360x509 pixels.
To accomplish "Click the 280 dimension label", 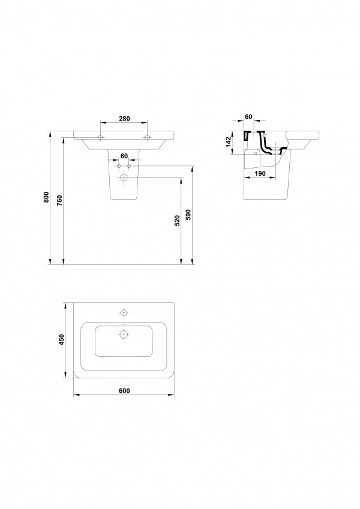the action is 124,119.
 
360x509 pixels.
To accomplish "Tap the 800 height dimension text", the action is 46,197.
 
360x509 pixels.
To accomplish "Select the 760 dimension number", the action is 59,201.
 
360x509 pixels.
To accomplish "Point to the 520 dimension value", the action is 177,221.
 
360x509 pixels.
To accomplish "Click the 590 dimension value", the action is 188,215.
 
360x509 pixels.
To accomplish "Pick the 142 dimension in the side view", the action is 228,142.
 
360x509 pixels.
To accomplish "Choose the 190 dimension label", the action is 260,173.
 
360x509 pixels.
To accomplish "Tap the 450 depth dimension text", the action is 62,339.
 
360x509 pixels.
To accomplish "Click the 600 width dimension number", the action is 124,390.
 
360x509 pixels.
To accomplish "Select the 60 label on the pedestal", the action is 124,156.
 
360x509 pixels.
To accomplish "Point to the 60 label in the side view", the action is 248,116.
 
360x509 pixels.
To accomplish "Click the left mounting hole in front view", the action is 101,138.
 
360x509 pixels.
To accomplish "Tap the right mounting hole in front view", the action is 148,138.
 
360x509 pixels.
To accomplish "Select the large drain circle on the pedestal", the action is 124,177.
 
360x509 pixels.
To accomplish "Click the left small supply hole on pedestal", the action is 119,166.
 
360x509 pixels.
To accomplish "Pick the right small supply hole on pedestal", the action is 129,166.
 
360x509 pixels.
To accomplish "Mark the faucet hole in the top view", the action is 124,312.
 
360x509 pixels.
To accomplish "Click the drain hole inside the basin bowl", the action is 124,334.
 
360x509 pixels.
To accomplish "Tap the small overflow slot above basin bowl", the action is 124,324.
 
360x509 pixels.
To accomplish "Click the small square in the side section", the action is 255,153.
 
